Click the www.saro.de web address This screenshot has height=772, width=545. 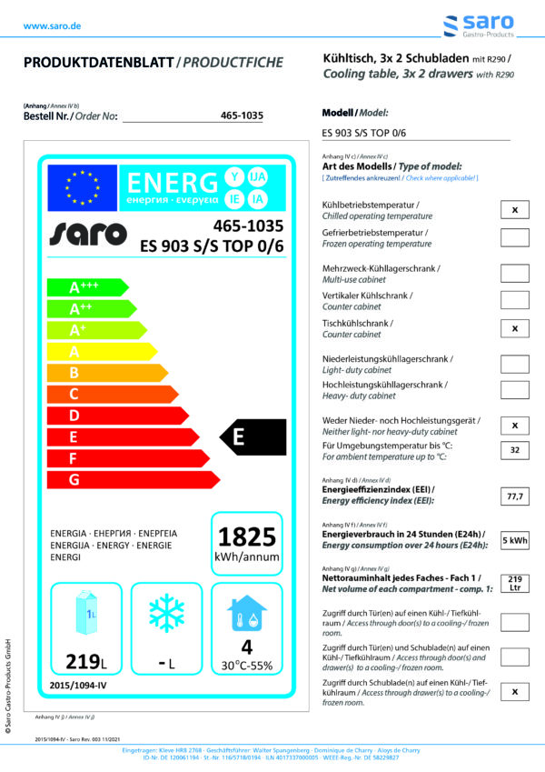click(52, 26)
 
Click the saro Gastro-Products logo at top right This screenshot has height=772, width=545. click(478, 26)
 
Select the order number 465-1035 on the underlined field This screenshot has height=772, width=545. click(242, 115)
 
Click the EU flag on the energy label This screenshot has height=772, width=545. click(83, 187)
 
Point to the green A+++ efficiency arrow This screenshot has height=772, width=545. click(85, 287)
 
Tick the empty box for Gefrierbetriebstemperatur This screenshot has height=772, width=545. click(514, 238)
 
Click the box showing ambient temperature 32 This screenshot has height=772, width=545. click(514, 450)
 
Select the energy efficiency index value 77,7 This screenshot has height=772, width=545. click(514, 496)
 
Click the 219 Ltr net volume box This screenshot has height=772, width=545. click(514, 583)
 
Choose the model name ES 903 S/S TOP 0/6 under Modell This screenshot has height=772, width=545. click(364, 133)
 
